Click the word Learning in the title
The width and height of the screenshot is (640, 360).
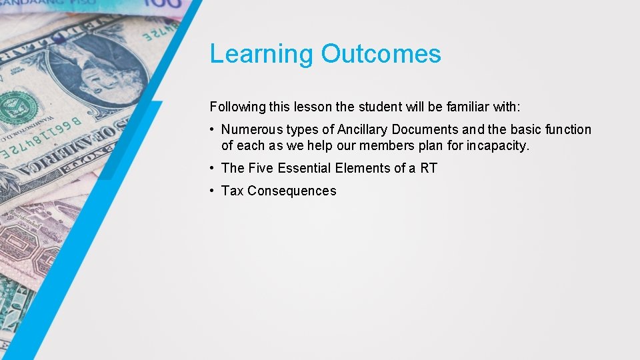[261, 55]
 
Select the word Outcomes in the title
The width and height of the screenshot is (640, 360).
[381, 54]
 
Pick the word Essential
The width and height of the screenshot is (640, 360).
[305, 168]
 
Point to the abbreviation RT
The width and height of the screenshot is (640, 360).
[428, 168]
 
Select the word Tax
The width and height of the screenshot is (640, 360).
[233, 191]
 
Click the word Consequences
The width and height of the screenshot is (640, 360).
[292, 191]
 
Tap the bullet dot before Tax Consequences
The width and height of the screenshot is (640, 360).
[211, 191]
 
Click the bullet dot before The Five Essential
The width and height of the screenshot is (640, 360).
[211, 169]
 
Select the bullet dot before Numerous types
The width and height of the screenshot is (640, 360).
[211, 130]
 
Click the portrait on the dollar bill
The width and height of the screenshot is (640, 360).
[100, 67]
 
